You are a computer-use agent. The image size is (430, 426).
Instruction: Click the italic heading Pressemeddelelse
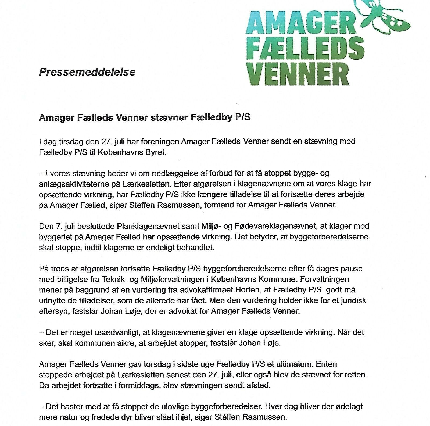(87, 72)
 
